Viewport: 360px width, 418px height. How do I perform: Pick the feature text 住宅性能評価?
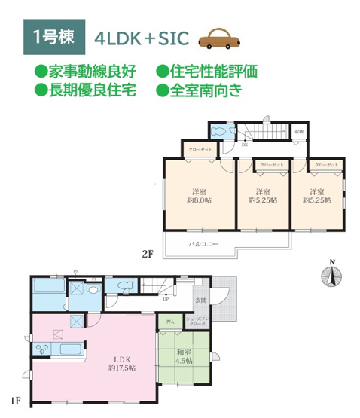[206, 72]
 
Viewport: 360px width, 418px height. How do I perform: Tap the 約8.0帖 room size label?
[200, 200]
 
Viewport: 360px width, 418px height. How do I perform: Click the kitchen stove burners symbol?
[41, 347]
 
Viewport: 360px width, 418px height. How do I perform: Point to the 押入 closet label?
[169, 322]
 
